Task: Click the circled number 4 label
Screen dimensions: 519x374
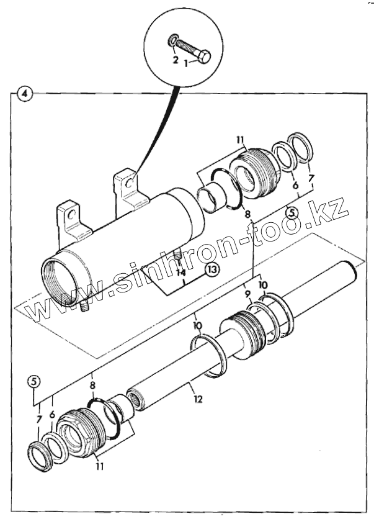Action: pyautogui.click(x=23, y=94)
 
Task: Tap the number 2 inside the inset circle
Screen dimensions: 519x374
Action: pyautogui.click(x=176, y=60)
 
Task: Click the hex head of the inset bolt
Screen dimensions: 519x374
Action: pyautogui.click(x=204, y=56)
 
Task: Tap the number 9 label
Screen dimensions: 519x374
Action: pyautogui.click(x=247, y=294)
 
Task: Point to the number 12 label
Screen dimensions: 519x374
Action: pyautogui.click(x=198, y=400)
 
